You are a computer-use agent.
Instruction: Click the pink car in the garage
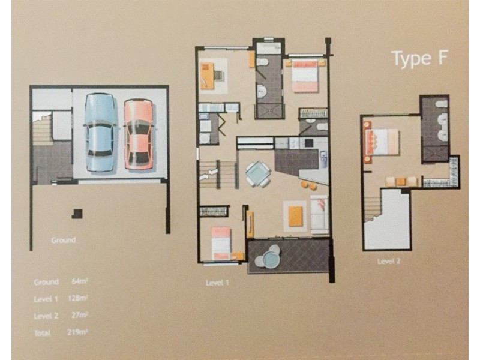138,133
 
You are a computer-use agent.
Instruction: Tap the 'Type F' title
412,59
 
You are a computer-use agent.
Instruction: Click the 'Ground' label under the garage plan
63,240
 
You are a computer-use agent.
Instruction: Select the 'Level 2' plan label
389,261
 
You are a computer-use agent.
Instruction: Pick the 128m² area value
78,298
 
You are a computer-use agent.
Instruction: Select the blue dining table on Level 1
257,173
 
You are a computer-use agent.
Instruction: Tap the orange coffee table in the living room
295,215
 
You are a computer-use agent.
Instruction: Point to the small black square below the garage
77,212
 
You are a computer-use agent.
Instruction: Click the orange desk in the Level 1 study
207,74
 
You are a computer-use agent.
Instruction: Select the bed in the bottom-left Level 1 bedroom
221,242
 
